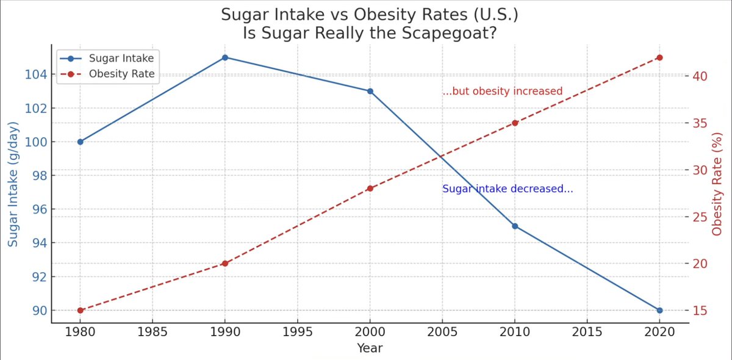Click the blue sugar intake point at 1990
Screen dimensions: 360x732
225,57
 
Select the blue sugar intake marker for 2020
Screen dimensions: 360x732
659,310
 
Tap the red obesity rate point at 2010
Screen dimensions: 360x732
515,123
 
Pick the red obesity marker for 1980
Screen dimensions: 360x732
80,310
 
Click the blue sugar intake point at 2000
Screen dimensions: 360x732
370,91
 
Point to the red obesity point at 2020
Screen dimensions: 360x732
659,57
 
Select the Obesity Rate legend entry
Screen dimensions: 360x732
121,74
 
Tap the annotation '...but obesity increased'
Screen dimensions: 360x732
502,92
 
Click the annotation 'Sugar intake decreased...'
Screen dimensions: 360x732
508,189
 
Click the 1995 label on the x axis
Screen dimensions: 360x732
298,333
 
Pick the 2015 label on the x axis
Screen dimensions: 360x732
587,333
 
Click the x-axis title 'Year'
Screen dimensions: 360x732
370,348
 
